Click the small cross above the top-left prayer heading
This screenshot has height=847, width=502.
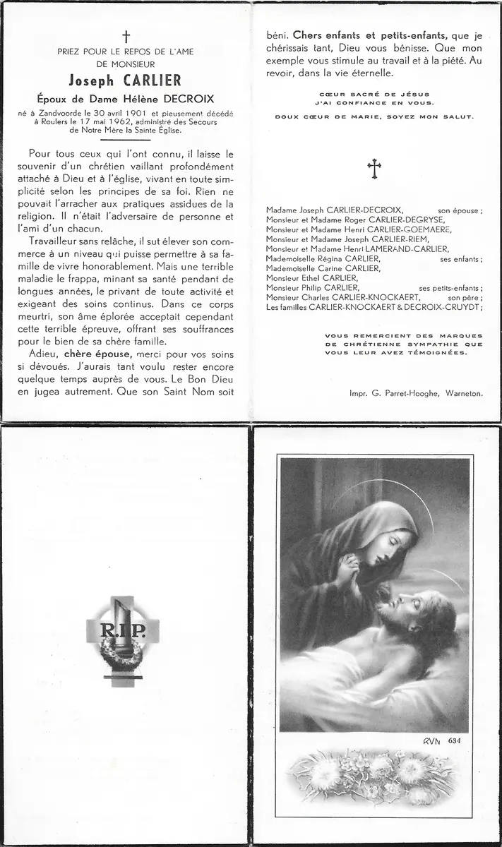[x=127, y=36]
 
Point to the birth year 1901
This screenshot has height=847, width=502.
[x=132, y=114]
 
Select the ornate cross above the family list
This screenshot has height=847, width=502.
[x=374, y=168]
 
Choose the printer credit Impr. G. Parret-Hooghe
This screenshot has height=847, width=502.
[x=392, y=395]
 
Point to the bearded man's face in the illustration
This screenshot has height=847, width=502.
[x=402, y=608]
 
